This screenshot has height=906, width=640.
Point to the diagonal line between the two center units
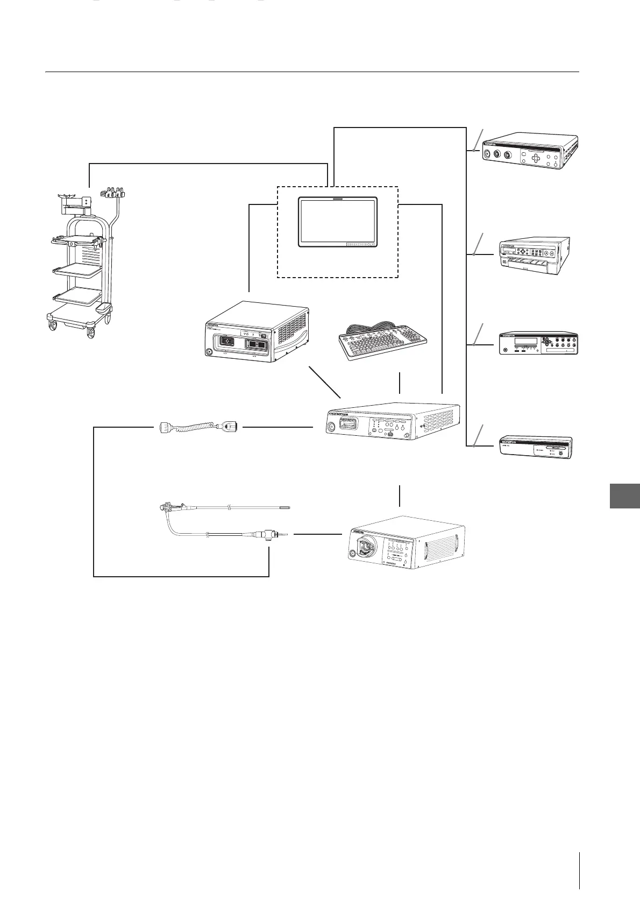pos(324,381)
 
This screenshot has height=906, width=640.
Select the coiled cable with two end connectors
pos(198,427)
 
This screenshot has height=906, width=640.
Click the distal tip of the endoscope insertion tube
pos(288,507)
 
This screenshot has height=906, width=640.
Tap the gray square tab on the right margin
pos(625,496)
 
